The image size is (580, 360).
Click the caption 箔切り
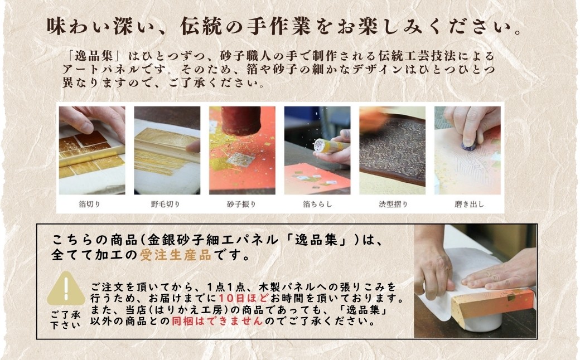click(x=90, y=204)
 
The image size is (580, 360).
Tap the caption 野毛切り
click(x=165, y=204)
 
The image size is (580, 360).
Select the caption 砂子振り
click(x=241, y=204)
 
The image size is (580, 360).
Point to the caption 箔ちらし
click(x=317, y=204)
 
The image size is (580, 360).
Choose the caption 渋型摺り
click(x=393, y=204)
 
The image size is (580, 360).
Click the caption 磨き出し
click(x=469, y=204)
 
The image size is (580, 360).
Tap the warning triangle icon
click(x=66, y=289)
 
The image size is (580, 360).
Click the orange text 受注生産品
click(x=176, y=255)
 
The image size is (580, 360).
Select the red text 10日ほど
click(x=244, y=298)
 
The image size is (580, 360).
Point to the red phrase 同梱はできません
click(x=217, y=321)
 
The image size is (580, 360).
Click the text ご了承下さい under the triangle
click(x=65, y=320)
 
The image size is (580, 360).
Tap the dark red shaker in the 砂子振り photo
click(x=241, y=120)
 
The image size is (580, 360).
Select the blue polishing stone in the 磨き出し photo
click(x=468, y=145)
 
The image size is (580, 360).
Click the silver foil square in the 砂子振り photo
click(x=240, y=160)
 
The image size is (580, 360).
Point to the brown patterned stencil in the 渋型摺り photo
click(x=393, y=152)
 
